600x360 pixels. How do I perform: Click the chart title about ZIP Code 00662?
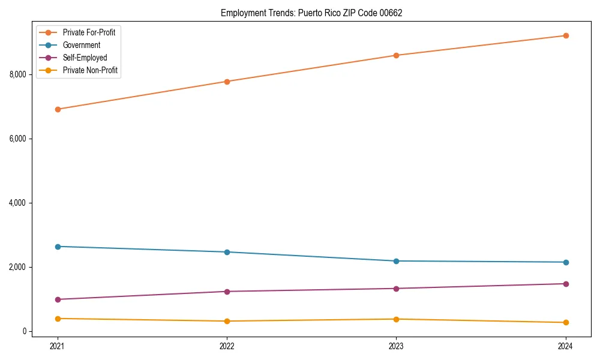(311, 13)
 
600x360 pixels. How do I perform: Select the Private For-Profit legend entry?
(89, 32)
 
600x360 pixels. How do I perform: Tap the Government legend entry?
(82, 45)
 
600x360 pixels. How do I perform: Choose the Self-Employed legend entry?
(85, 58)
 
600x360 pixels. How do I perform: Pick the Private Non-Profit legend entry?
(90, 70)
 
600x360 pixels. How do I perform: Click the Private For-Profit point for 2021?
(58, 109)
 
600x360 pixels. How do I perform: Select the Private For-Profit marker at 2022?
(227, 82)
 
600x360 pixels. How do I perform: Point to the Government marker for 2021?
(58, 247)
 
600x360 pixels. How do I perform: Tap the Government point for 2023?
(396, 261)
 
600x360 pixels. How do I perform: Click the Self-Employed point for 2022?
(227, 292)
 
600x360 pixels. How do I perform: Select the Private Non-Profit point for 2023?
(396, 319)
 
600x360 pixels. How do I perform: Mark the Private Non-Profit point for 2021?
(58, 319)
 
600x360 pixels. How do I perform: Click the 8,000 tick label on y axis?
(18, 74)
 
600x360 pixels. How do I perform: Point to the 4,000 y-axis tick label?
(18, 203)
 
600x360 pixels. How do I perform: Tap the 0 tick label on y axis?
(25, 331)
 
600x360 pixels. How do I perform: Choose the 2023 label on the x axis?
(396, 346)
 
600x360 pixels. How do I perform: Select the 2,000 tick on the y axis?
(18, 267)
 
